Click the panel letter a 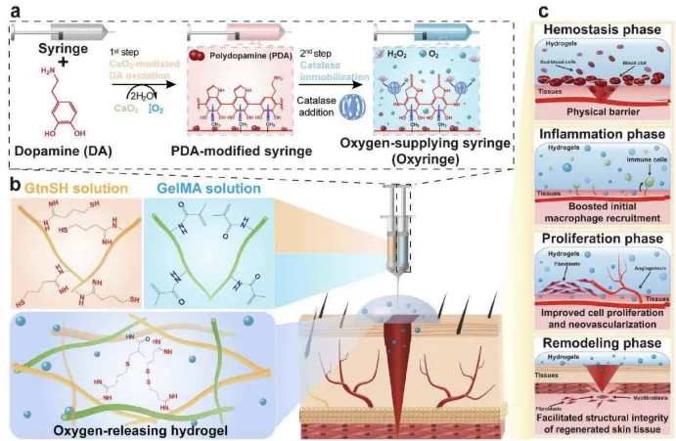12,12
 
